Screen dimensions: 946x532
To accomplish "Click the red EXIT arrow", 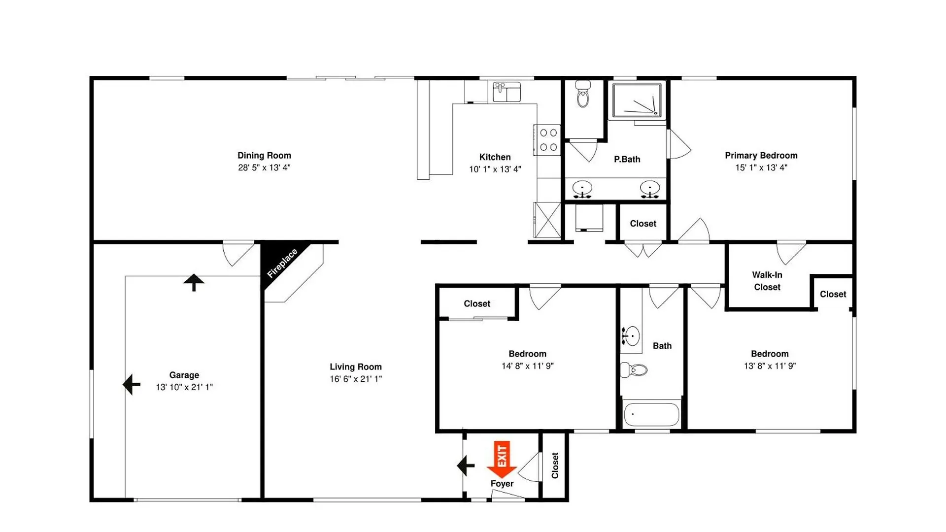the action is (x=502, y=460).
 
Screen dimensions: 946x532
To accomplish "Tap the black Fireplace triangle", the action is (x=278, y=260).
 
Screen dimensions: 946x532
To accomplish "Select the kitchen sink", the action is (x=507, y=92).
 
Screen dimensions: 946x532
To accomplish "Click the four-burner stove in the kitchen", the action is (x=547, y=140).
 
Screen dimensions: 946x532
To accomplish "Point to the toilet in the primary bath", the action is (x=583, y=94).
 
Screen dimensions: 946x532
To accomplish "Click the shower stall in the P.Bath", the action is (x=637, y=100).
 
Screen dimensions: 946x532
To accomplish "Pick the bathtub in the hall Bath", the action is (x=651, y=414).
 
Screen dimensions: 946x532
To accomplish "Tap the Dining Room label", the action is (x=264, y=155).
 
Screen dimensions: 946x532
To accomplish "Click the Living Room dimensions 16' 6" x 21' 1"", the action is (x=356, y=379).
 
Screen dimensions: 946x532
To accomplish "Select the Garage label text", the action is (x=184, y=375).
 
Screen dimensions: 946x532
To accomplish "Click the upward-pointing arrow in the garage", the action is (x=194, y=282).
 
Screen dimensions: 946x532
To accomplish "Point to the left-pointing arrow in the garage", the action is (x=132, y=385).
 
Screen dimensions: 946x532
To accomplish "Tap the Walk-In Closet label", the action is (x=767, y=281).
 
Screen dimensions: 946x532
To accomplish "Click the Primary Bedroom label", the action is (x=761, y=155).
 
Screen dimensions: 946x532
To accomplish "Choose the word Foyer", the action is (x=502, y=484).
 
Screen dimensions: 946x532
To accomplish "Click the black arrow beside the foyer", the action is (x=466, y=465).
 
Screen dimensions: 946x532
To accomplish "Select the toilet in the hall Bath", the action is (x=634, y=370).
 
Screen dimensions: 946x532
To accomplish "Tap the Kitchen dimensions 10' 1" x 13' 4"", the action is (x=495, y=169).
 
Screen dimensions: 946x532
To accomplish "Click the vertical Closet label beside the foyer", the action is (x=555, y=465).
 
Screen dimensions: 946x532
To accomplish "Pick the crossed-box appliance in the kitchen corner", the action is (x=547, y=220).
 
